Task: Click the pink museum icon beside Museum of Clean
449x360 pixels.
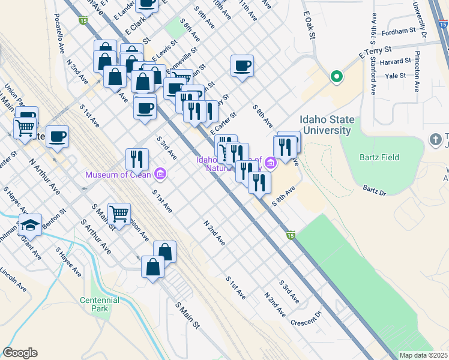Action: pyautogui.click(x=160, y=175)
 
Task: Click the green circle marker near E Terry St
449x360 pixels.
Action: pyautogui.click(x=337, y=76)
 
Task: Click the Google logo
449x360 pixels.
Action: pyautogui.click(x=20, y=353)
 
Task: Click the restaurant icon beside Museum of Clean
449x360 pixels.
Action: pyautogui.click(x=137, y=159)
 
